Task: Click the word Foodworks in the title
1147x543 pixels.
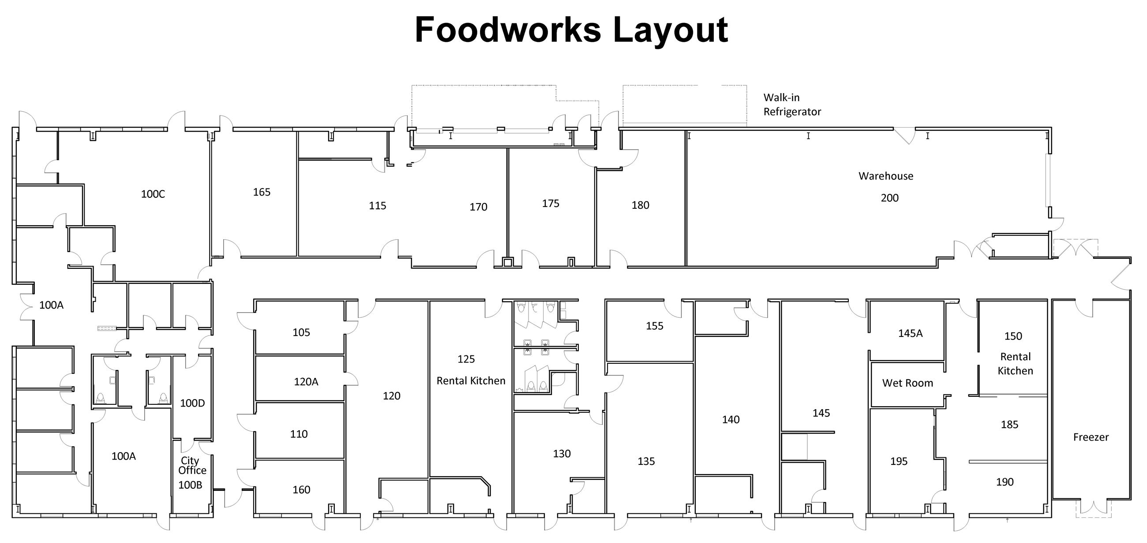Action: pyautogui.click(x=508, y=30)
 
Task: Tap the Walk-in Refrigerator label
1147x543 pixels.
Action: pyautogui.click(x=792, y=105)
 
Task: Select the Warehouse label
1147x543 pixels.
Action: pyautogui.click(x=885, y=176)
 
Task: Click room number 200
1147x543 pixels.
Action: pyautogui.click(x=889, y=198)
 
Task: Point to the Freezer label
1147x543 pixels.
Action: pyautogui.click(x=1091, y=437)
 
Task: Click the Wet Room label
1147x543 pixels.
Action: pyautogui.click(x=907, y=383)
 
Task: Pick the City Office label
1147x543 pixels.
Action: pyautogui.click(x=192, y=465)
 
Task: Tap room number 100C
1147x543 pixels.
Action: pyautogui.click(x=153, y=194)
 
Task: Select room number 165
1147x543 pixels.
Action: pyautogui.click(x=261, y=192)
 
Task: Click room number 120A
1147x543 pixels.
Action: pyautogui.click(x=306, y=381)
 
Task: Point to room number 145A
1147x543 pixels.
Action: pyautogui.click(x=910, y=333)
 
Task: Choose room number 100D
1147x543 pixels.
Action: pyautogui.click(x=192, y=403)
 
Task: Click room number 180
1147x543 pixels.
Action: pyautogui.click(x=640, y=205)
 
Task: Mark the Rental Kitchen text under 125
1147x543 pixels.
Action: pyautogui.click(x=471, y=381)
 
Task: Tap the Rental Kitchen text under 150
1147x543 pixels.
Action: pyautogui.click(x=1015, y=363)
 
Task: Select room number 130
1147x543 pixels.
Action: pyautogui.click(x=562, y=453)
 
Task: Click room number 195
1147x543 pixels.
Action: pyautogui.click(x=898, y=461)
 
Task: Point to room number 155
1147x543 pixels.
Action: pyautogui.click(x=654, y=326)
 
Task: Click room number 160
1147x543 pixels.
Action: pyautogui.click(x=301, y=490)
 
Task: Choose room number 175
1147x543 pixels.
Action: pyautogui.click(x=551, y=203)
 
